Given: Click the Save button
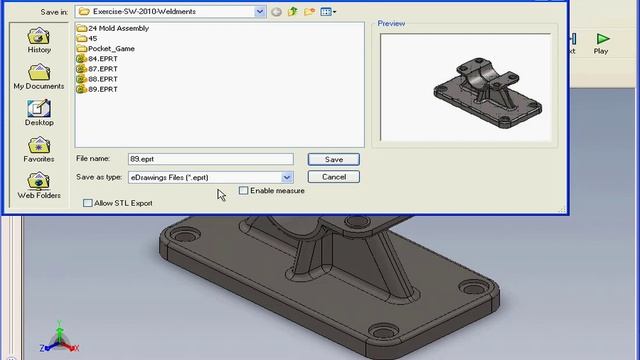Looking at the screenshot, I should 333,159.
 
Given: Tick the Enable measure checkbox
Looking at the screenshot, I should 243,191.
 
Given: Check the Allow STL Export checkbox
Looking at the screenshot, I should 88,203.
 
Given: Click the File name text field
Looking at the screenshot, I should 210,159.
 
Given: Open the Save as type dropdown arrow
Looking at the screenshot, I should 288,177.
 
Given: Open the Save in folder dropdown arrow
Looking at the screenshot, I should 260,12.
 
